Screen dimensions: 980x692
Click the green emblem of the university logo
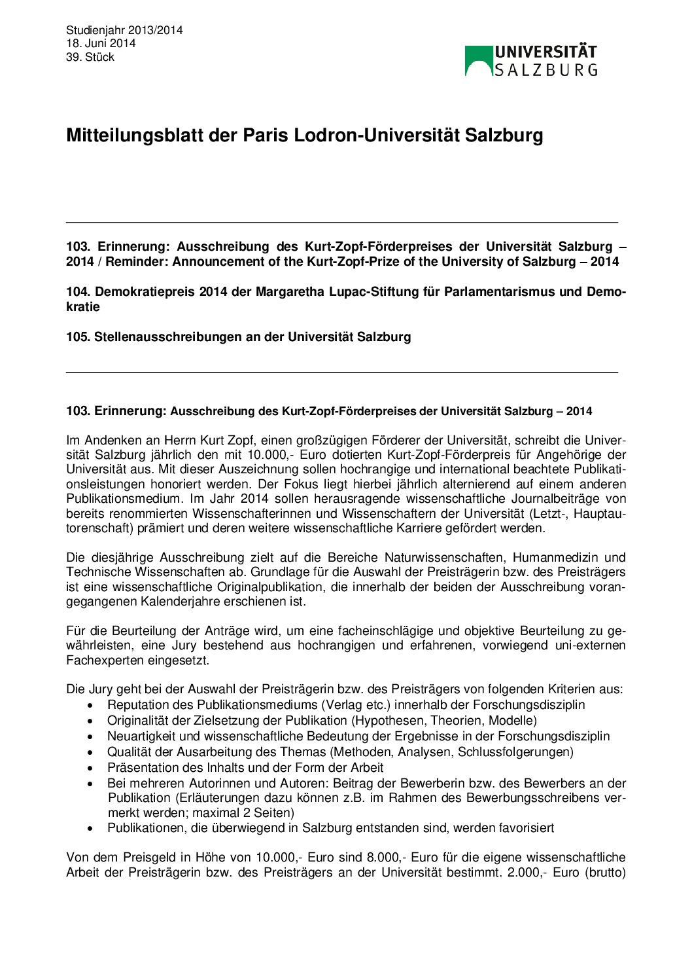pyautogui.click(x=479, y=60)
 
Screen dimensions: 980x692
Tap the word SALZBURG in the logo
pyautogui.click(x=545, y=70)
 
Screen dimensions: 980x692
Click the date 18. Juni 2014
pyautogui.click(x=101, y=43)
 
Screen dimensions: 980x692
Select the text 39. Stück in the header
pyautogui.click(x=90, y=57)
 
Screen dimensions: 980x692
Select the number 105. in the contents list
pyautogui.click(x=78, y=337)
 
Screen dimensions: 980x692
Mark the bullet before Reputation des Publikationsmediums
pyautogui.click(x=91, y=706)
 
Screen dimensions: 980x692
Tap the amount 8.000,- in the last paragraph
pyautogui.click(x=387, y=858)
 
